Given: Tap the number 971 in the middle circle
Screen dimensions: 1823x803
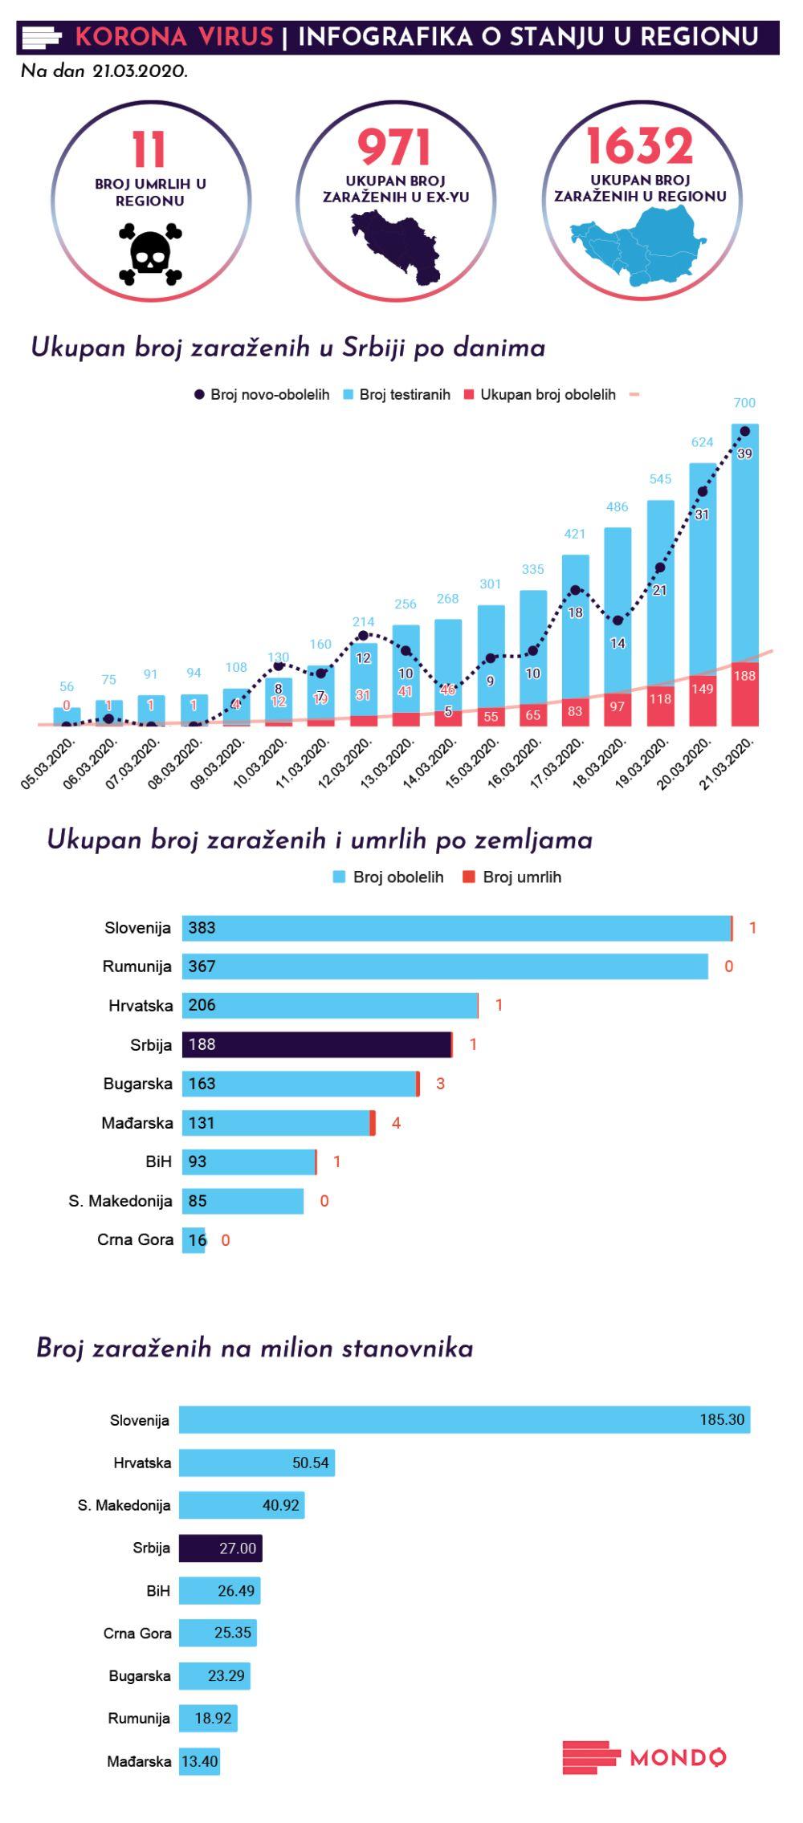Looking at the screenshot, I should [x=394, y=149].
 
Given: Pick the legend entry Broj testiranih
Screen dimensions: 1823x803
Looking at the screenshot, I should [x=397, y=395].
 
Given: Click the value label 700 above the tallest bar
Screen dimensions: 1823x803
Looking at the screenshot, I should [x=744, y=403].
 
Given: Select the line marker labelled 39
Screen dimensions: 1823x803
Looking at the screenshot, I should [x=744, y=432].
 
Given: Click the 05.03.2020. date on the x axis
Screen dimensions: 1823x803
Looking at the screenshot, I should [x=48, y=764].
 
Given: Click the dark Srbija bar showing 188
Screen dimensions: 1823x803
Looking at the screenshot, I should [x=316, y=1044].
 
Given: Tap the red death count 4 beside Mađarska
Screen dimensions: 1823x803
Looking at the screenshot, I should [x=396, y=1123].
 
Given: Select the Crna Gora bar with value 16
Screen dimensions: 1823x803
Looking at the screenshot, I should [x=194, y=1240].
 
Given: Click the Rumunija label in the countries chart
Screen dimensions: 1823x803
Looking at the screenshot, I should [x=137, y=966].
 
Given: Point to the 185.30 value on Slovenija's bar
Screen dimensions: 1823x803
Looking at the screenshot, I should [x=721, y=1419].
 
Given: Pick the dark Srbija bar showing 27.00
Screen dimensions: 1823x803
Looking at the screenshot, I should [x=220, y=1548].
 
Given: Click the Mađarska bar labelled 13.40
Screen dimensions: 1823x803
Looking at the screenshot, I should [x=199, y=1762].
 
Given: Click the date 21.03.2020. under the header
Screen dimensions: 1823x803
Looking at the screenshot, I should [x=140, y=71].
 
